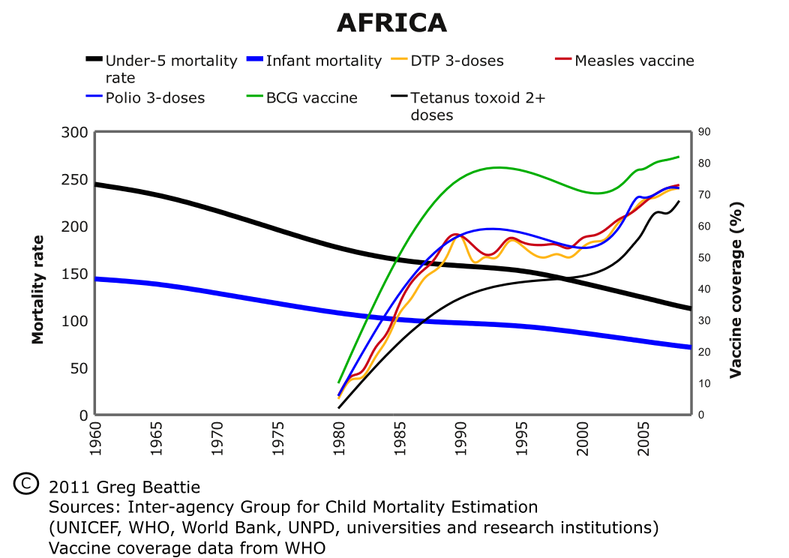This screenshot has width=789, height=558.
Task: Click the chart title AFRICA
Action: pyautogui.click(x=391, y=23)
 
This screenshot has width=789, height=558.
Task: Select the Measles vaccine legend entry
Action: pyautogui.click(x=634, y=61)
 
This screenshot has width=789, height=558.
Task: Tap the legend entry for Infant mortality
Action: pyautogui.click(x=323, y=61)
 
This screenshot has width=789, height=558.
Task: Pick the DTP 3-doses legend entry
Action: pyautogui.click(x=457, y=61)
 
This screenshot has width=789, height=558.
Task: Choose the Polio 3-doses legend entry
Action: pyautogui.click(x=155, y=97)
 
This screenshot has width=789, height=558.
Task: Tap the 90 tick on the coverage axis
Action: pyautogui.click(x=703, y=132)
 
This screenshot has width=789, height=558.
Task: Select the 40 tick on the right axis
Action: pyautogui.click(x=703, y=289)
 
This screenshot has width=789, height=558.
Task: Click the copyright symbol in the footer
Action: pyautogui.click(x=25, y=483)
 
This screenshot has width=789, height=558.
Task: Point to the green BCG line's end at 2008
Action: pyautogui.click(x=678, y=157)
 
